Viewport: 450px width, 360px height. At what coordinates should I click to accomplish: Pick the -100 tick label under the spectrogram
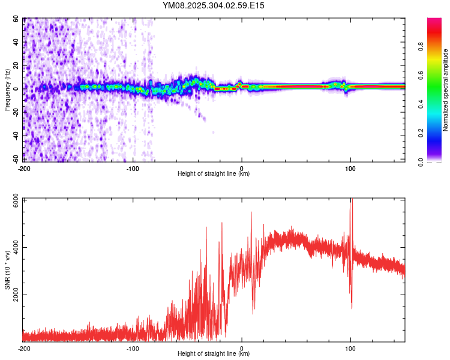click(132, 167)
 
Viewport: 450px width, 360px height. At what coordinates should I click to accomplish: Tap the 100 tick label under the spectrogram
click(350, 167)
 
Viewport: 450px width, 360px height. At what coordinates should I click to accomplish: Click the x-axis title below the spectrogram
click(214, 174)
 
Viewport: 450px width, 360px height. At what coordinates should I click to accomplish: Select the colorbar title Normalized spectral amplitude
click(446, 90)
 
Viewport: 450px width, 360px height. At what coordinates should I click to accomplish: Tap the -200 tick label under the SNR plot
click(24, 348)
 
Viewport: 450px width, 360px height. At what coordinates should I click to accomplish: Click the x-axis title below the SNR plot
click(214, 354)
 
